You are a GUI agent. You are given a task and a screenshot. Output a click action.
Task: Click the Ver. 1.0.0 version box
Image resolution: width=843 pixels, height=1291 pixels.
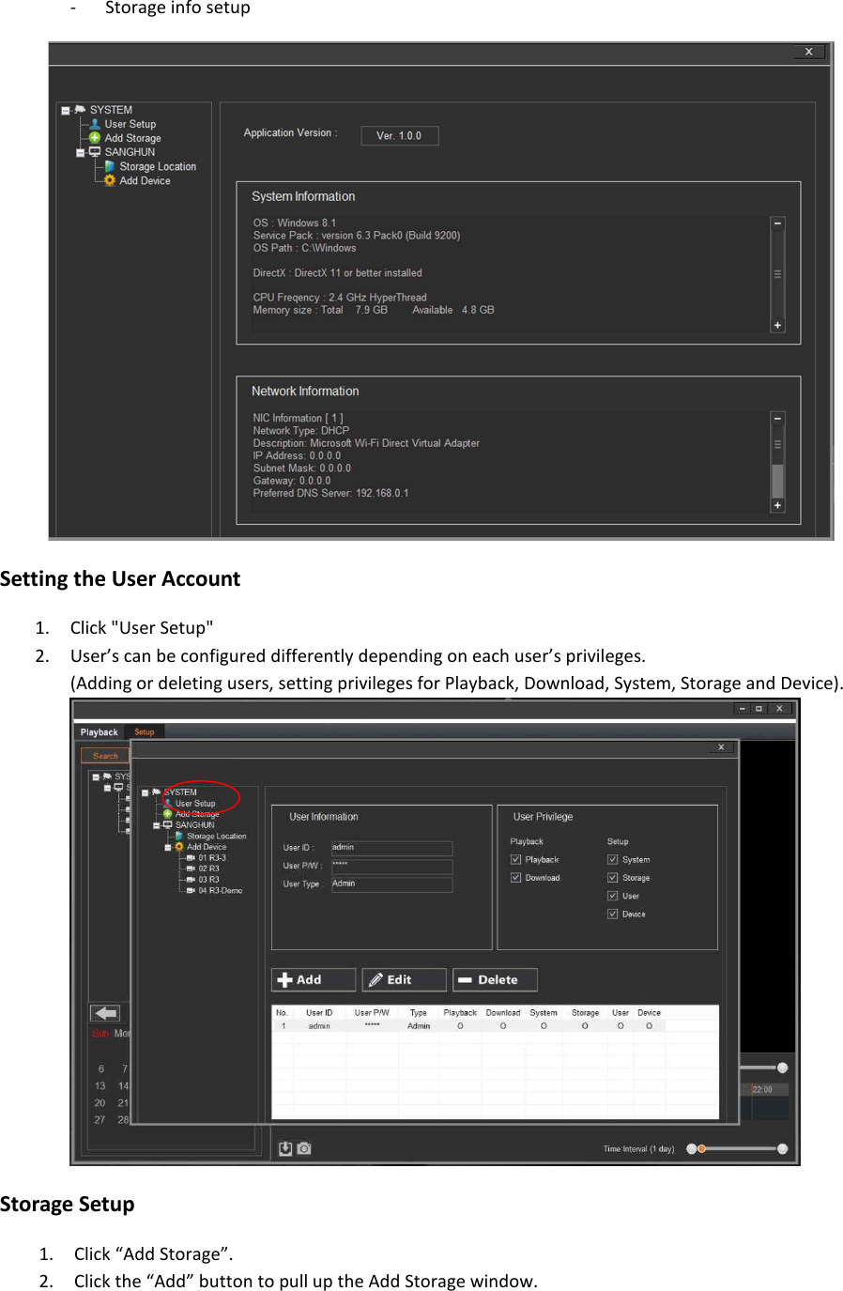[x=399, y=135]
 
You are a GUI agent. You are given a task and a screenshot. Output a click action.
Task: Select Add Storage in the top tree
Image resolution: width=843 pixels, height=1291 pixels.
[x=131, y=138]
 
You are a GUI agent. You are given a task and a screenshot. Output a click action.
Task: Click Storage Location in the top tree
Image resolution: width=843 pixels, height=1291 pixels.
[x=157, y=166]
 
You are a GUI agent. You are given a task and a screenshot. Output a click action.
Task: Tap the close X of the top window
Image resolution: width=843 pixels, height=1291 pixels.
[x=808, y=52]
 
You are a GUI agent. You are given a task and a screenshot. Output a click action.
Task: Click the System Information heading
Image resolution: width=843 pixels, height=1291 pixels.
[x=303, y=196]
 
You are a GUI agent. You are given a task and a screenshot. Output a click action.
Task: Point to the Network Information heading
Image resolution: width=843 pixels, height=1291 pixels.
[x=305, y=391]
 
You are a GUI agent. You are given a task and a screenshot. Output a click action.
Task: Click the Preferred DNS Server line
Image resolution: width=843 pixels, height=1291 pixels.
[x=330, y=493]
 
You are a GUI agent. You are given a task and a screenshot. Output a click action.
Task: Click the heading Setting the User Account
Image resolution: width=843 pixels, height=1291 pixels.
[x=120, y=578]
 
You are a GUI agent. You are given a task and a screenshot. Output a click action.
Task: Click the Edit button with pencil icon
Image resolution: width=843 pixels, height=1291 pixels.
[x=404, y=979]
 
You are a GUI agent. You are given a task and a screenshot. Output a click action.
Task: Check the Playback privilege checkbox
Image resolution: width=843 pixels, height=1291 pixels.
[x=515, y=859]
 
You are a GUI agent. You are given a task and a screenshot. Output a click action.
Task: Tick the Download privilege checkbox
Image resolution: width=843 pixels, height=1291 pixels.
[x=515, y=878]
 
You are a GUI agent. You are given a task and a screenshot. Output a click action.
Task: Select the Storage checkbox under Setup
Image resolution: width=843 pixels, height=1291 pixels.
[x=612, y=878]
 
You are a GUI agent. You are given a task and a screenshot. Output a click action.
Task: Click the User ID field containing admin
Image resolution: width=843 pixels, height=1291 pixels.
[x=391, y=847]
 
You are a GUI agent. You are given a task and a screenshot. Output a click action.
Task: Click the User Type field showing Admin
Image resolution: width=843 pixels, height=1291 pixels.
[x=391, y=884]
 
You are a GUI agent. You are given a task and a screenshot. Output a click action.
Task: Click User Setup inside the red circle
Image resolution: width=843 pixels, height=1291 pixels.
[x=195, y=804]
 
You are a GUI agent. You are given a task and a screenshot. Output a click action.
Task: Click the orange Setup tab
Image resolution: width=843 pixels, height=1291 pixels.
[x=144, y=731]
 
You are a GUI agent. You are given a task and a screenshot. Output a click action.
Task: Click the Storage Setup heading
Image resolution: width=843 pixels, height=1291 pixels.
[x=68, y=1204]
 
